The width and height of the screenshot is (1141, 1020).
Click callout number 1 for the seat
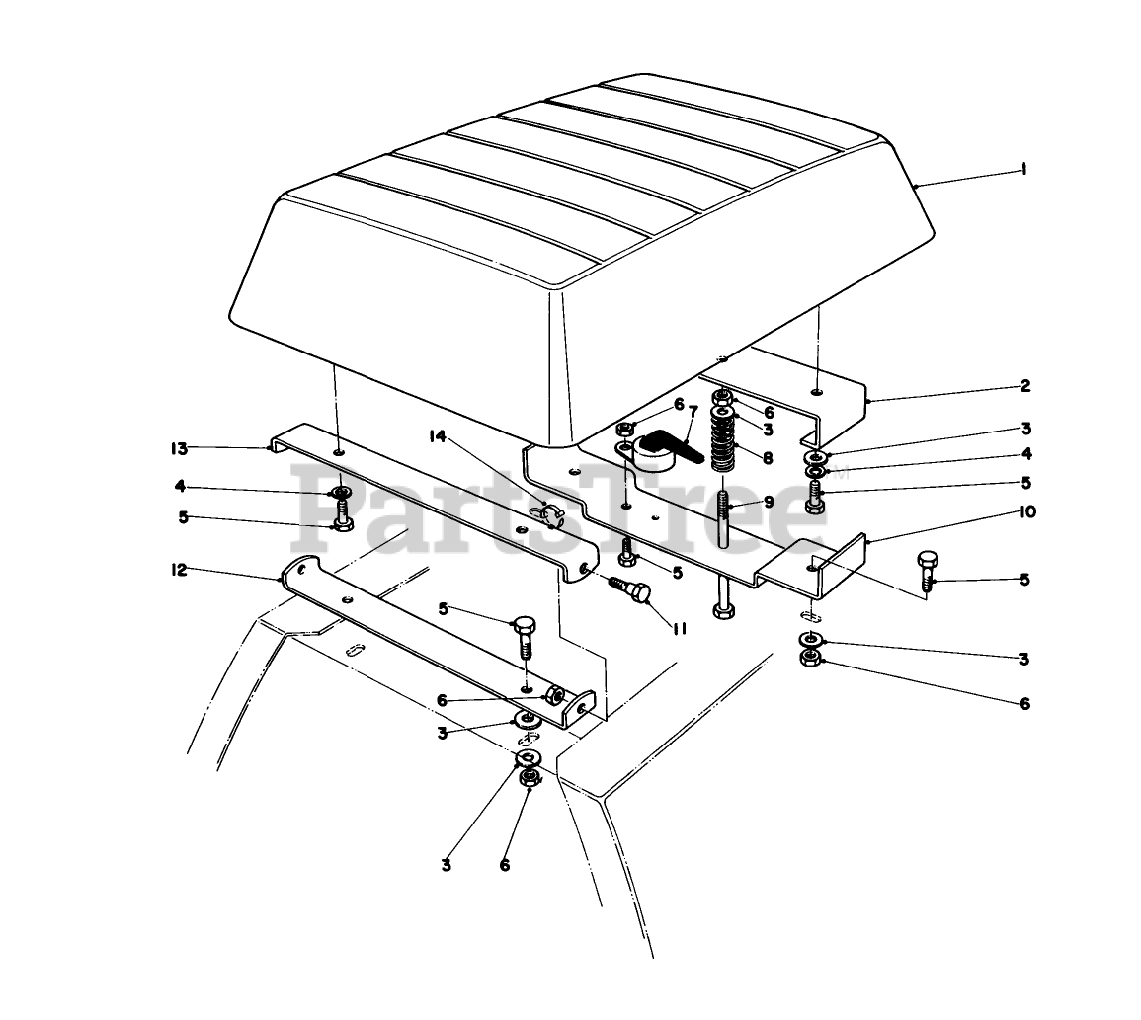[1023, 170]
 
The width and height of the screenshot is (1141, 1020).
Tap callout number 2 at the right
[1025, 386]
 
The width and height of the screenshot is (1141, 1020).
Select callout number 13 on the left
[178, 448]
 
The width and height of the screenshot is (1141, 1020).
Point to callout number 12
[178, 570]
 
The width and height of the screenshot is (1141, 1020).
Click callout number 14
[438, 436]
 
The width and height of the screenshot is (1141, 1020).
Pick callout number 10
[1026, 512]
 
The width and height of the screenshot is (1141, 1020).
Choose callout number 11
[679, 628]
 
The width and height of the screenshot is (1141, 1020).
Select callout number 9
[769, 502]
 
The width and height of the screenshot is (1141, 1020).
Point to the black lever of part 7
[671, 444]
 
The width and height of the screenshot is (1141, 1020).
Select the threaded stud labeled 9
[723, 520]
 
